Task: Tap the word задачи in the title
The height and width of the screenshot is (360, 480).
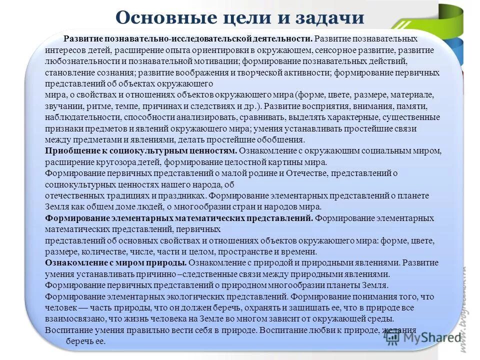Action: coord(332,18)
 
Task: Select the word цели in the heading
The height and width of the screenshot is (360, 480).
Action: coord(242,18)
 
